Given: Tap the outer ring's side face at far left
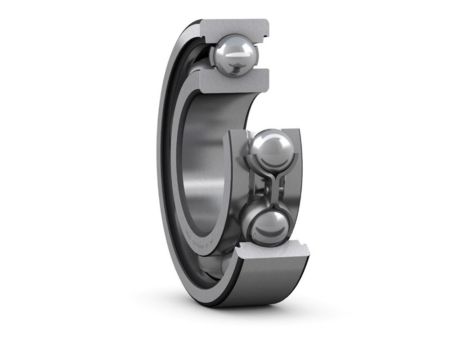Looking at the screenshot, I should point(160,170).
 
